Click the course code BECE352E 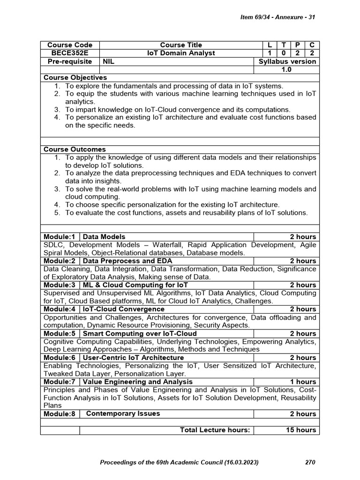[x=69, y=53]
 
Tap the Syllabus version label [x=287, y=61]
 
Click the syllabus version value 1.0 [x=286, y=69]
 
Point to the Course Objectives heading [x=75, y=77]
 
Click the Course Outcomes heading [x=75, y=149]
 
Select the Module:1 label [x=60, y=237]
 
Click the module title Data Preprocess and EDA [x=127, y=261]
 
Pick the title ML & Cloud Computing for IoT [x=135, y=285]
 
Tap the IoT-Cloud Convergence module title [x=123, y=309]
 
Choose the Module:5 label [x=60, y=333]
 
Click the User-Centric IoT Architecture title [x=134, y=358]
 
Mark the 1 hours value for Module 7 [x=303, y=382]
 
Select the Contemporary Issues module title [x=123, y=413]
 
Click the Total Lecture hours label [x=215, y=430]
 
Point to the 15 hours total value [x=301, y=430]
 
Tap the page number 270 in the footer [x=310, y=462]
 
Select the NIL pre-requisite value [x=109, y=61]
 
